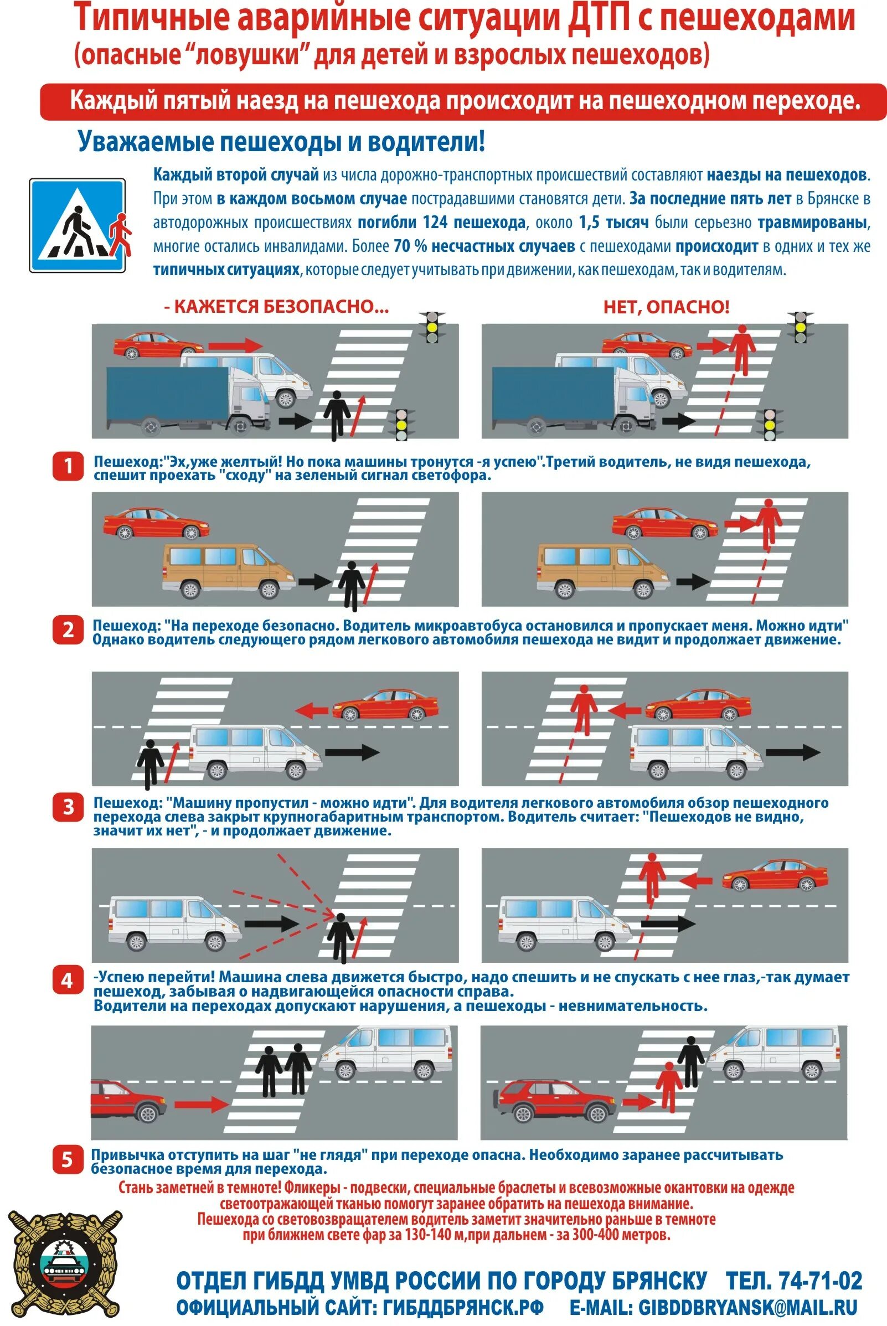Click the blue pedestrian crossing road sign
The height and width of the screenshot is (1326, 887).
(77, 226)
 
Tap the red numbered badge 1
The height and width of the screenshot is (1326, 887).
(68, 467)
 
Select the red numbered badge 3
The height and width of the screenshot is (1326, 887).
(68, 807)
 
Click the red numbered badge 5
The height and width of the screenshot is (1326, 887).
(68, 1161)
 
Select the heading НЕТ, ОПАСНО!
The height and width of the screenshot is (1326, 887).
(667, 307)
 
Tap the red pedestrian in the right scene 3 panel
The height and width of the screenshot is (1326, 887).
(583, 709)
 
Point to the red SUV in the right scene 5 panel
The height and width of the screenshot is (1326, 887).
(555, 1101)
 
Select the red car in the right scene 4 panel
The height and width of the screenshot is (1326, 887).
(775, 875)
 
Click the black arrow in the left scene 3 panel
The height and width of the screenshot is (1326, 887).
(352, 752)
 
